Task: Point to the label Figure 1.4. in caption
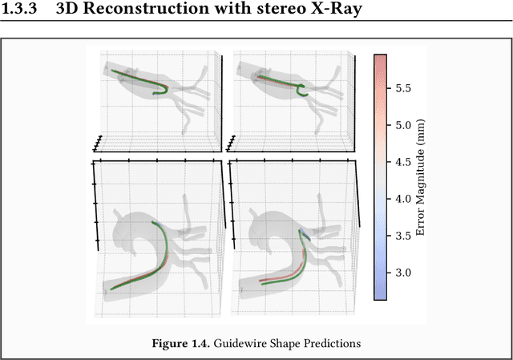coord(178,343)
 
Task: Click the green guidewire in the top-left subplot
coord(140,80)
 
